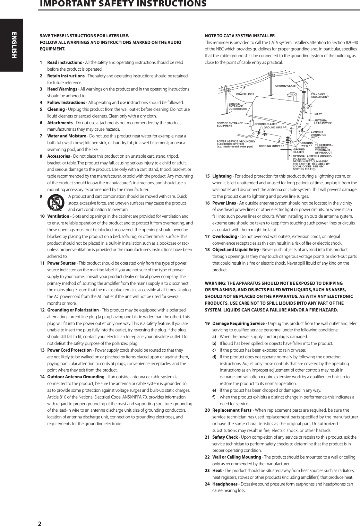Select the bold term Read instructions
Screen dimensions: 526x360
(64, 62)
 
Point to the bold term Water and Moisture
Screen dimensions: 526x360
(66, 136)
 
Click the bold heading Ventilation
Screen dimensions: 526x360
(58, 216)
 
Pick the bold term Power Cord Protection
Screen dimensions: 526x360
(69, 350)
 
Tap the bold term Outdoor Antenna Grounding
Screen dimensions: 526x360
(76, 377)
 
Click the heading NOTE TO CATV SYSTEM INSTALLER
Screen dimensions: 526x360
(239, 36)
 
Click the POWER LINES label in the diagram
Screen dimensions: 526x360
(245, 94)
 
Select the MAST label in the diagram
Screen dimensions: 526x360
(318, 114)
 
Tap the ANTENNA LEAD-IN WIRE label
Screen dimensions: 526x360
(322, 122)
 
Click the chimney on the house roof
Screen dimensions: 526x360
(292, 96)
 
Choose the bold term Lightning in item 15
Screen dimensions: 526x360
(222, 176)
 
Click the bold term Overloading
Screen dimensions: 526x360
(225, 236)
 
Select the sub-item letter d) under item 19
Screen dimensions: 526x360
(214, 357)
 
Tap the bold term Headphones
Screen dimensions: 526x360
(225, 484)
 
